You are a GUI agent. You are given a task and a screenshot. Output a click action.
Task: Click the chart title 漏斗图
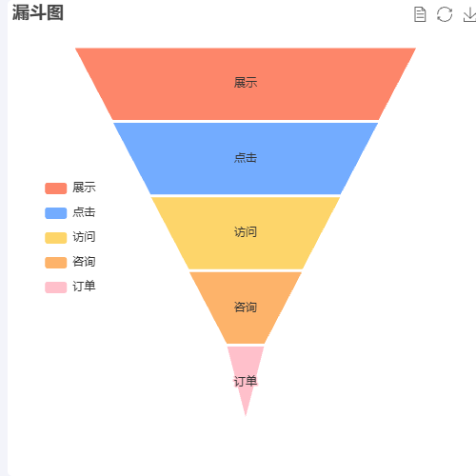pyautogui.click(x=38, y=12)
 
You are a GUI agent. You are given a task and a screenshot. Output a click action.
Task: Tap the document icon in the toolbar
pyautogui.click(x=420, y=14)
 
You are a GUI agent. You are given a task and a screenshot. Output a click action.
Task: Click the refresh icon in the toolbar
pyautogui.click(x=445, y=14)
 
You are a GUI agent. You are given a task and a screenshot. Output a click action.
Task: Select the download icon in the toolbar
pyautogui.click(x=470, y=15)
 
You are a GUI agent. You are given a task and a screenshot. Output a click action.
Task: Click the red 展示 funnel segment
pyautogui.click(x=246, y=84)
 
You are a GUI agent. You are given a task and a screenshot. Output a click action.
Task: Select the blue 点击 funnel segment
pyautogui.click(x=246, y=158)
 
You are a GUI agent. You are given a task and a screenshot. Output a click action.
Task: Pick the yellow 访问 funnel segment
pyautogui.click(x=246, y=233)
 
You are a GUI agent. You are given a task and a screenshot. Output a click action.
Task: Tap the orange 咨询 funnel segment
pyautogui.click(x=246, y=307)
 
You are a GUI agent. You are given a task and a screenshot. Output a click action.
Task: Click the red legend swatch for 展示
pyautogui.click(x=56, y=188)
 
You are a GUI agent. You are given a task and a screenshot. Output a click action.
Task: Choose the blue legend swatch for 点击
pyautogui.click(x=56, y=213)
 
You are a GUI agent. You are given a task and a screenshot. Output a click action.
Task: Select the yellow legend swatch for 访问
pyautogui.click(x=56, y=238)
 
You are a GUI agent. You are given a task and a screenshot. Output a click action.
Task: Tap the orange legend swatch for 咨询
pyautogui.click(x=56, y=263)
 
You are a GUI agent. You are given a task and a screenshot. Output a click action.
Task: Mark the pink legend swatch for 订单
pyautogui.click(x=56, y=288)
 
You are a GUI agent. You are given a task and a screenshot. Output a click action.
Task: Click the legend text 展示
pyautogui.click(x=84, y=188)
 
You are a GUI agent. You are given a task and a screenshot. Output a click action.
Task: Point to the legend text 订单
pyautogui.click(x=84, y=287)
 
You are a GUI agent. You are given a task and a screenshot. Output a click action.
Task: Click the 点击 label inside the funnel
pyautogui.click(x=246, y=158)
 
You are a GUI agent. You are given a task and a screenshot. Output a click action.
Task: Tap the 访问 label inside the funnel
pyautogui.click(x=246, y=232)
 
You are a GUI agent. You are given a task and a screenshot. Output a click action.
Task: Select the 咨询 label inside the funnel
pyautogui.click(x=246, y=307)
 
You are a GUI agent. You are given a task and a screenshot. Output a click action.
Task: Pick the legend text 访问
pyautogui.click(x=84, y=237)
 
